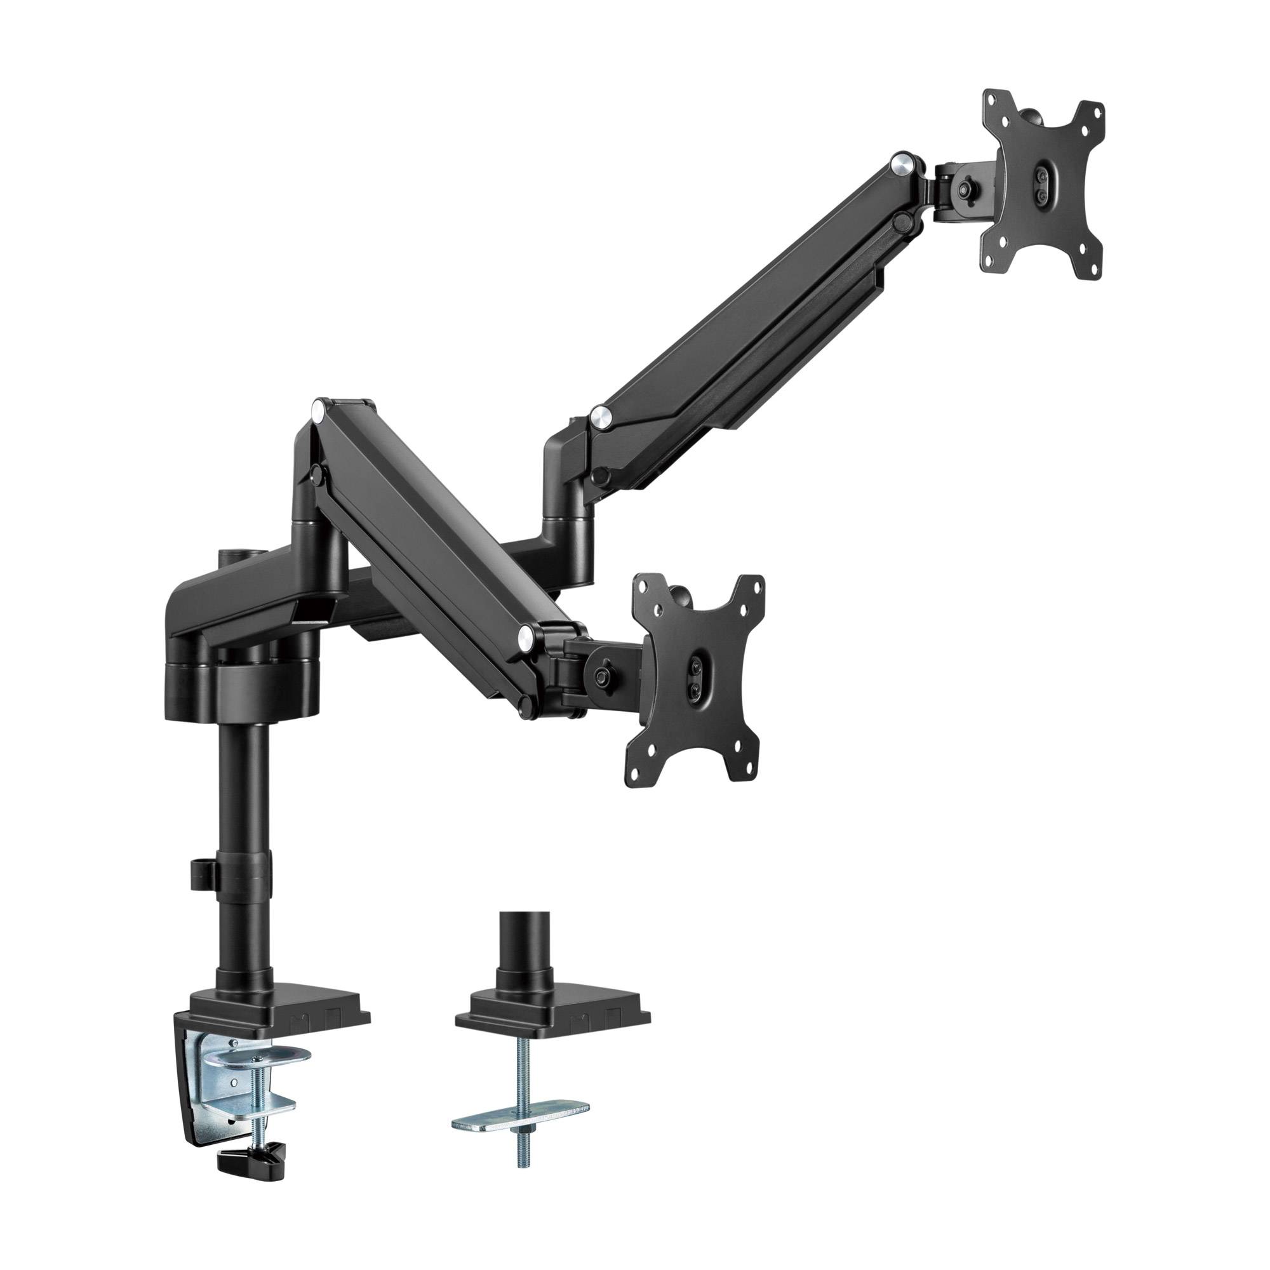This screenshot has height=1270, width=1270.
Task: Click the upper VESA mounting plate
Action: [1042, 190]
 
